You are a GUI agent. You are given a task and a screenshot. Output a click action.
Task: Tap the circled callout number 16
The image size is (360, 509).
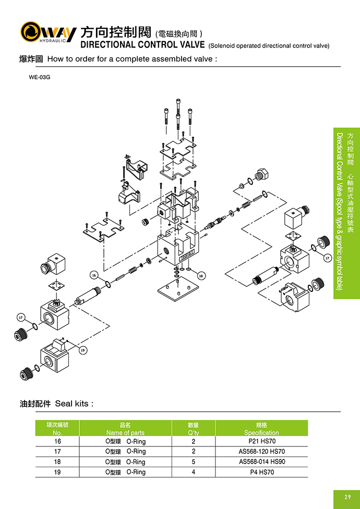94,274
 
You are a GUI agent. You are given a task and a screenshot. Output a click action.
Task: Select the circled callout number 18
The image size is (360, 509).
201,275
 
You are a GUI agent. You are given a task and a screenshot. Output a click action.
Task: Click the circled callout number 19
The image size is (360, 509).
82,350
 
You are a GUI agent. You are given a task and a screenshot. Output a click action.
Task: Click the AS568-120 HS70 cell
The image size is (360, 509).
261,452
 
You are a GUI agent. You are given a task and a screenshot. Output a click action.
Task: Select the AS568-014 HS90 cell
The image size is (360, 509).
261,462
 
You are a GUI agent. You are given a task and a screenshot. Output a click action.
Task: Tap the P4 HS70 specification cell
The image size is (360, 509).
261,472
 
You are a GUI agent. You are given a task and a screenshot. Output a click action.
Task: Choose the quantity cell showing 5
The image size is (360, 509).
193,462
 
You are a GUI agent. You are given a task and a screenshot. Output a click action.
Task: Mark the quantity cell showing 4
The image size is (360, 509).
193,472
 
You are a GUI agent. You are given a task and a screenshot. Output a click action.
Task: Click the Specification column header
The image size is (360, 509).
261,433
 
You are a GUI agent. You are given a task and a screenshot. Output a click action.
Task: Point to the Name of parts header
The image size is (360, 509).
125,433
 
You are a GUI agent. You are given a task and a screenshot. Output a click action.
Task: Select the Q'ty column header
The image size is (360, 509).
193,433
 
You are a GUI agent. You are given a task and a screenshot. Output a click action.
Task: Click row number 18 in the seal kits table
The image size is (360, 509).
57,462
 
